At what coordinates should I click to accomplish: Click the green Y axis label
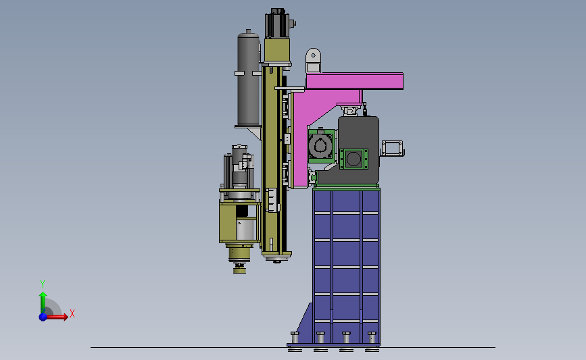pyautogui.click(x=43, y=284)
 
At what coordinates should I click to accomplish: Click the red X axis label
pyautogui.click(x=72, y=313)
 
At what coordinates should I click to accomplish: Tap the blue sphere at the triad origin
pyautogui.click(x=43, y=317)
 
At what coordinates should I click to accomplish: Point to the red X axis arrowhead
pyautogui.click(x=65, y=317)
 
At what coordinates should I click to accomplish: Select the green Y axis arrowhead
pyautogui.click(x=43, y=295)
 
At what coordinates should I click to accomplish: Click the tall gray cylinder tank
pyautogui.click(x=248, y=78)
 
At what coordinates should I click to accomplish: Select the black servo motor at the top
pyautogui.click(x=278, y=23)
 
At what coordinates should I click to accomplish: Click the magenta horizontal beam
pyautogui.click(x=354, y=81)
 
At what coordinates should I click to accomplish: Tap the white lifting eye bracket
pyautogui.click(x=313, y=60)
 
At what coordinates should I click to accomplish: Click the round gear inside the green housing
pyautogui.click(x=320, y=146)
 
